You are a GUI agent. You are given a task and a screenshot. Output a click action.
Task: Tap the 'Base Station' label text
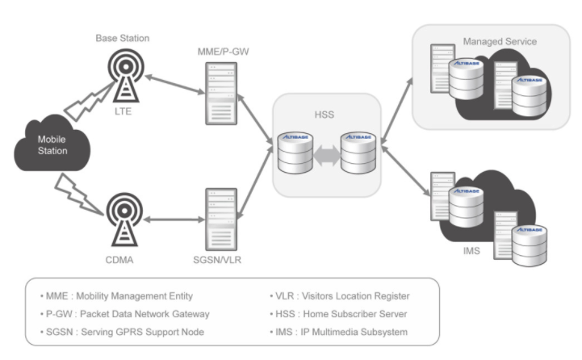click(x=123, y=38)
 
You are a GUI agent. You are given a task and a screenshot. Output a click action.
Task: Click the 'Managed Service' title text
click(x=500, y=40)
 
